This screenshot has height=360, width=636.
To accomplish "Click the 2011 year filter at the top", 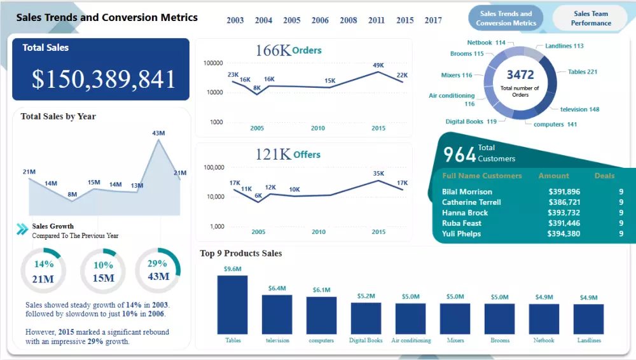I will point(377,20).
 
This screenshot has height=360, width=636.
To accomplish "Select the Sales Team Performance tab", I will point(590,18).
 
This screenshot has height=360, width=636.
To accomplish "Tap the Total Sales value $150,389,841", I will point(104,79).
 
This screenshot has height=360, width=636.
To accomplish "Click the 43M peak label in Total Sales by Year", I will point(158,133).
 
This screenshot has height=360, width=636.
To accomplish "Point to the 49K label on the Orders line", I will point(378,65).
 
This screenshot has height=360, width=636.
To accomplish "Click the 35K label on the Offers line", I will point(378,173).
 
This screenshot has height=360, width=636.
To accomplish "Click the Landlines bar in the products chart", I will point(588,319).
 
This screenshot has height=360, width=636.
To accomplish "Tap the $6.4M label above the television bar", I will point(277,288).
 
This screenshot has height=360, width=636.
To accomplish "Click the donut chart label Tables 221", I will point(582,72).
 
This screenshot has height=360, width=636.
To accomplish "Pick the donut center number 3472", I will point(520,75).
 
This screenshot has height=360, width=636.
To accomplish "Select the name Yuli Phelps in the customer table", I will point(462,233).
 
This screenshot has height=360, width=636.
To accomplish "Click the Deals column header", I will point(604,176).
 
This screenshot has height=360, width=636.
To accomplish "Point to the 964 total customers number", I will point(459,155).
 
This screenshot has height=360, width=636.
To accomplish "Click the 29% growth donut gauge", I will point(158,270).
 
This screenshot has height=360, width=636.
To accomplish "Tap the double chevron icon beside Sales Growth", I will point(22,230).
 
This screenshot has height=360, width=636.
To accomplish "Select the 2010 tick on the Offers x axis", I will point(318,232).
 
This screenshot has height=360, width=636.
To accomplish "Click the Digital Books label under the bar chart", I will point(366,340).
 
